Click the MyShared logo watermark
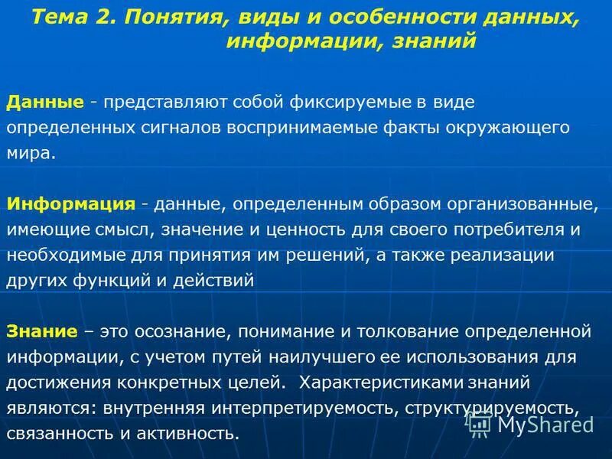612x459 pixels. (x=531, y=424)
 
